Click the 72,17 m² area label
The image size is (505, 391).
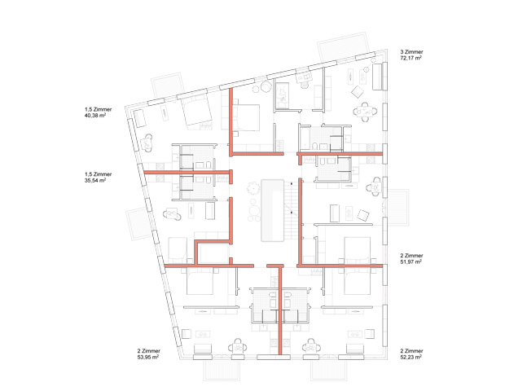click(x=411, y=58)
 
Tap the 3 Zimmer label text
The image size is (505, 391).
click(x=411, y=52)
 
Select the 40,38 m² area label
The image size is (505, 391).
click(x=95, y=116)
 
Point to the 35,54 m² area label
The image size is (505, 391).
click(x=95, y=180)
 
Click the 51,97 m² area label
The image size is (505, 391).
click(x=411, y=261)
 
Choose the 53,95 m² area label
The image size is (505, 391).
click(x=148, y=357)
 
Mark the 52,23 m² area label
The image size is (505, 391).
click(x=411, y=357)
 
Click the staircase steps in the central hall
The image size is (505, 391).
click(x=291, y=210)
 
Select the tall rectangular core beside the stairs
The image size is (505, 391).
click(x=273, y=210)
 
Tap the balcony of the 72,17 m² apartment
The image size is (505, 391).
click(x=344, y=46)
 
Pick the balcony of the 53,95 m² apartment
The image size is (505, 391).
click(x=222, y=371)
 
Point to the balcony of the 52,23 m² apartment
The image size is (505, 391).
click(x=329, y=371)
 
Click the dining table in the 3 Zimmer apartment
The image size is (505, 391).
click(x=365, y=112)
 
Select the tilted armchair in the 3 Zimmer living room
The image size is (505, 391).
click(x=358, y=92)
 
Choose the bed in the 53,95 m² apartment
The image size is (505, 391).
click(x=200, y=281)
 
